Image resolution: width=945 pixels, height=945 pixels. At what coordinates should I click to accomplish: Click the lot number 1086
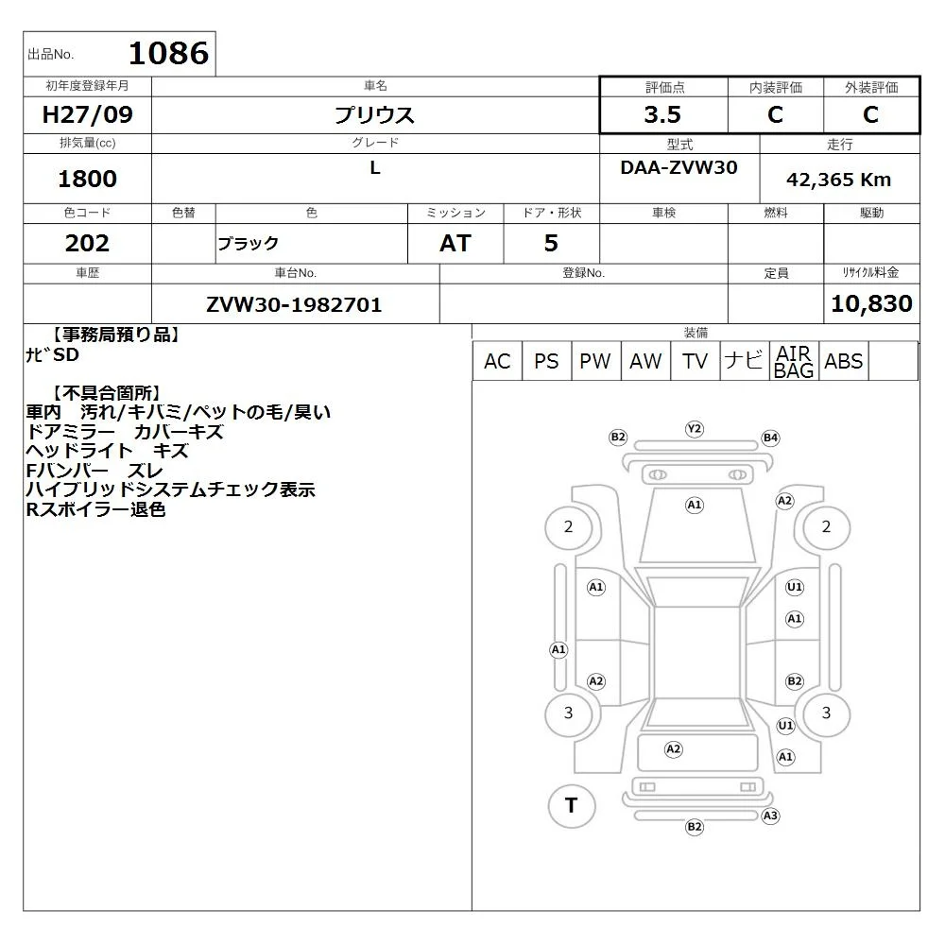click(169, 53)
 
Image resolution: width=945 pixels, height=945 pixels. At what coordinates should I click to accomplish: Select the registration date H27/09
click(87, 114)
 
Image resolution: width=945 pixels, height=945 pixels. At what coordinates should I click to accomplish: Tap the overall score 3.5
click(662, 114)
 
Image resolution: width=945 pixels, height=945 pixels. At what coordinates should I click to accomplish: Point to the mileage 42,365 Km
click(838, 180)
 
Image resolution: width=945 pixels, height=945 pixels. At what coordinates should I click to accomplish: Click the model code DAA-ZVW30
click(679, 167)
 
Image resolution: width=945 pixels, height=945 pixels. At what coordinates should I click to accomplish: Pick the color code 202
click(87, 244)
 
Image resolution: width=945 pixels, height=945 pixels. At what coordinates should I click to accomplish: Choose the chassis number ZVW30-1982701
click(294, 305)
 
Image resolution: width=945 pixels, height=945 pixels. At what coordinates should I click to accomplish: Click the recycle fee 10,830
click(871, 303)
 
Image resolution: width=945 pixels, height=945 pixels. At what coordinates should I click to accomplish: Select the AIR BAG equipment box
click(794, 361)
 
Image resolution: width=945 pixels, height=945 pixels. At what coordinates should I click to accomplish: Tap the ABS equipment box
click(844, 361)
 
